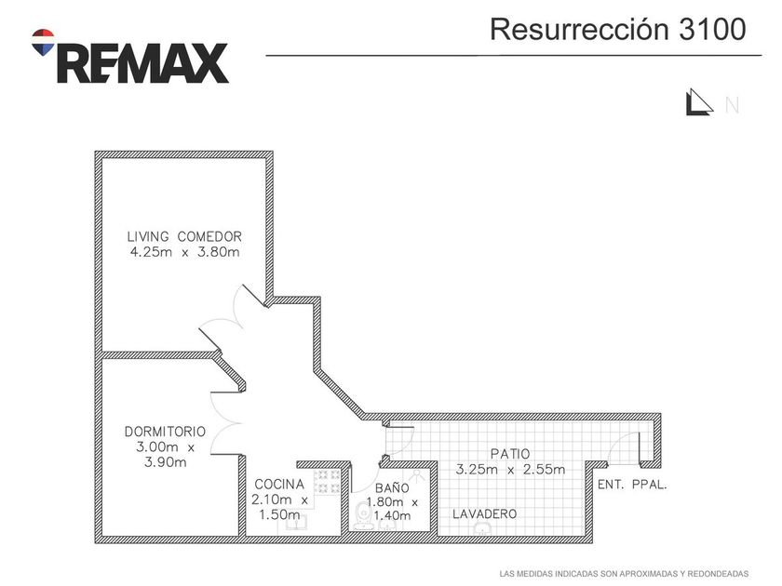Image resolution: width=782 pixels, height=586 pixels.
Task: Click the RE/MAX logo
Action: pyautogui.click(x=130, y=57)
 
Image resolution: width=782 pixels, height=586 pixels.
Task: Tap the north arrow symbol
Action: pyautogui.click(x=697, y=103)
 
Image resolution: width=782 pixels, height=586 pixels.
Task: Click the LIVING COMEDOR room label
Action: pyautogui.click(x=184, y=236)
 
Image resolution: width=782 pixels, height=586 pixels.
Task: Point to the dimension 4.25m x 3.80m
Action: pyautogui.click(x=184, y=252)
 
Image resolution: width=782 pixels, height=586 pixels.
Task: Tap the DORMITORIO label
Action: pyautogui.click(x=165, y=432)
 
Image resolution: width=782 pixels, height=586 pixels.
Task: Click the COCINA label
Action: pyautogui.click(x=278, y=484)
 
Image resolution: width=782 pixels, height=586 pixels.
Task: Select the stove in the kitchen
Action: pyautogui.click(x=328, y=482)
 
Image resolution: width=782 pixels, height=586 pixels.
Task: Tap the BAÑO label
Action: pyautogui.click(x=392, y=488)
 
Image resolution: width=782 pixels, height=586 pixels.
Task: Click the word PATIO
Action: pyautogui.click(x=510, y=454)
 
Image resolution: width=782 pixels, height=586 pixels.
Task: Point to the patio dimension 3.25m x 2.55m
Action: pyautogui.click(x=510, y=470)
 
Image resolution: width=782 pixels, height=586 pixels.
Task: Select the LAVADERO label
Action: pyautogui.click(x=484, y=514)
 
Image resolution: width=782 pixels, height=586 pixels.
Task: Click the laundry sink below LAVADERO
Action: pyautogui.click(x=482, y=528)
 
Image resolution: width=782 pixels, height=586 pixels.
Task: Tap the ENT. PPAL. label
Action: pyautogui.click(x=632, y=485)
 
